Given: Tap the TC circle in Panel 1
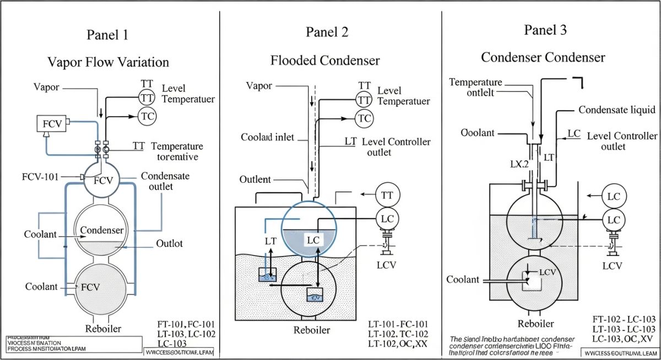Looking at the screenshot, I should click(x=147, y=116).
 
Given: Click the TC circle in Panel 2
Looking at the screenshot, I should click(x=364, y=118).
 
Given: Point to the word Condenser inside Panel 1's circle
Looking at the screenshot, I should click(x=102, y=230).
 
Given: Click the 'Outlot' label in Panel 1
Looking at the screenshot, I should click(x=170, y=243).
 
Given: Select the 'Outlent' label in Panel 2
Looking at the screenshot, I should click(x=255, y=179).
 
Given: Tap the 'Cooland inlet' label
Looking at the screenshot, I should click(x=268, y=137).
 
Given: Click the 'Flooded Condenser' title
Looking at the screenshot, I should click(x=325, y=60).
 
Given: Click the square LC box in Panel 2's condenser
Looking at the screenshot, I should click(x=313, y=240).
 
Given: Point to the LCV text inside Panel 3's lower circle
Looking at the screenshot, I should click(x=546, y=272).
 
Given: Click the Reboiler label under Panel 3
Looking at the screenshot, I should click(x=535, y=324).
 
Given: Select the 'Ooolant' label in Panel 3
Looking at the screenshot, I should click(x=479, y=134).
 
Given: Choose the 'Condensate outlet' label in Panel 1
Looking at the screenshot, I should click(x=165, y=181).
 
